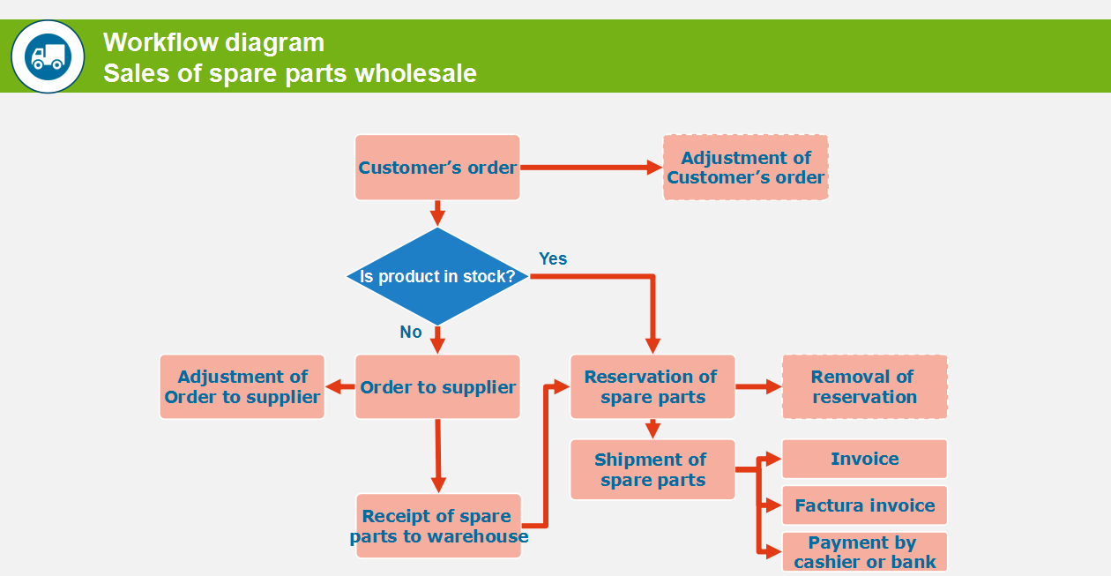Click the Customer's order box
point(437,168)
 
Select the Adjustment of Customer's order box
point(745,168)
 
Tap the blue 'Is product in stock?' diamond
point(437,276)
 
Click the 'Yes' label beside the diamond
point(553,258)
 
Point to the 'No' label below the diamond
point(411,332)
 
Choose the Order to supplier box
point(437,387)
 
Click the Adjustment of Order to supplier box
point(242,387)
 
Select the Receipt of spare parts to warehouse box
point(438,526)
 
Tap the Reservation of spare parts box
point(652,386)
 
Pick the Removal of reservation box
point(864,386)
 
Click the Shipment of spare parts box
point(652,469)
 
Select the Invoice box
point(864,459)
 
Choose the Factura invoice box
point(864,505)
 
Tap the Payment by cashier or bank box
point(864,552)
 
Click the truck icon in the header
point(48,56)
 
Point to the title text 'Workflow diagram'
point(213,42)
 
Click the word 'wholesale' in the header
point(415,73)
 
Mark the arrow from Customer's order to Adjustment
point(591,168)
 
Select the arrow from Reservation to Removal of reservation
point(758,386)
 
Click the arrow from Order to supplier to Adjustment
point(339,387)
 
